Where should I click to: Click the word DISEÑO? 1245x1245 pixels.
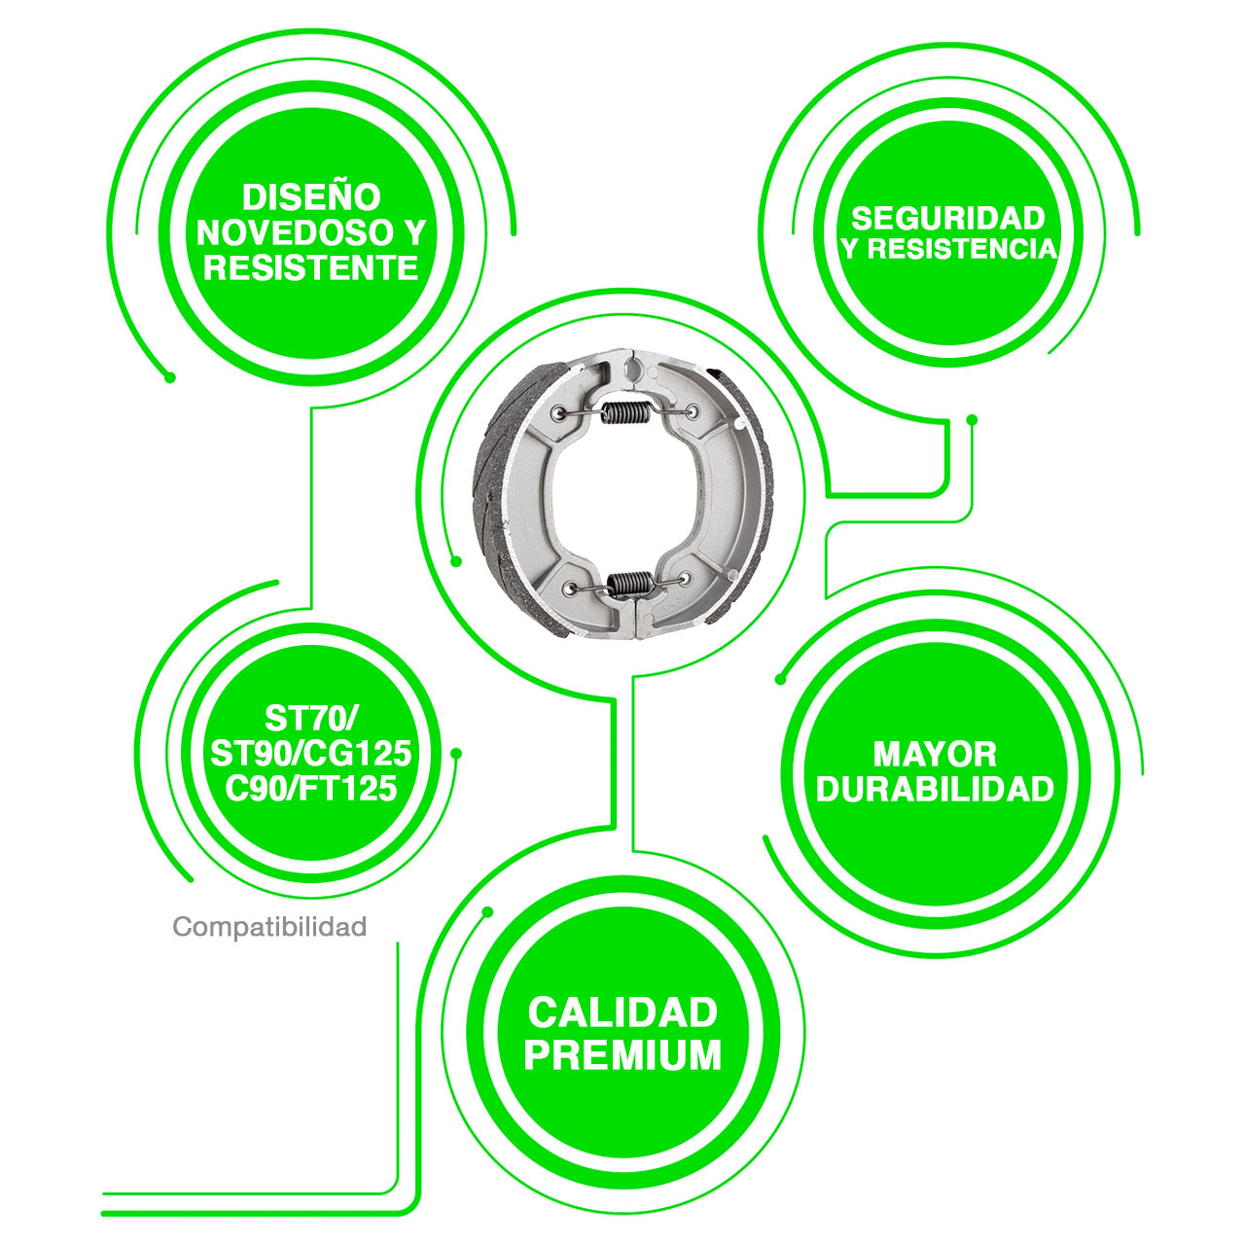[x=311, y=196]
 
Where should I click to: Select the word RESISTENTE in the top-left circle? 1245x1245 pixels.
[x=311, y=267]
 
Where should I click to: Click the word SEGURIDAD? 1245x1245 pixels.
[x=947, y=219]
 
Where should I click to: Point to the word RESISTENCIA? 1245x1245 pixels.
[x=961, y=249]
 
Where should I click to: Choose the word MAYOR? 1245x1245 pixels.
[x=935, y=754]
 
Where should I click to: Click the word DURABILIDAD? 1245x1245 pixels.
[x=935, y=789]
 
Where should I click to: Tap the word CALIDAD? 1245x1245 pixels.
[x=622, y=1013]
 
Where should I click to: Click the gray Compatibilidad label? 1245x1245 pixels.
[x=269, y=927]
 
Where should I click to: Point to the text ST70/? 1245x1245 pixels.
[x=311, y=718]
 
